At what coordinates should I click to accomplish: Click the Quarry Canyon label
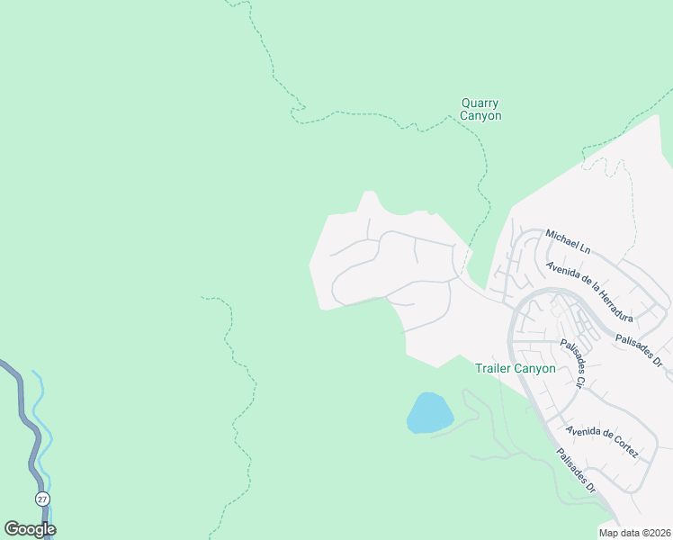(x=480, y=110)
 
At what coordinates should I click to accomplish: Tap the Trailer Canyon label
(x=515, y=368)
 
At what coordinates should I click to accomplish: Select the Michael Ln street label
(x=568, y=241)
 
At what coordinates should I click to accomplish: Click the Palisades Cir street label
(x=573, y=363)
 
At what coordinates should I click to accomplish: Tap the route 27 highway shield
(x=42, y=499)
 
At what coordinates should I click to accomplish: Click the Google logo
(x=30, y=529)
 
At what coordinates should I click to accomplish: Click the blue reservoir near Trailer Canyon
(x=429, y=413)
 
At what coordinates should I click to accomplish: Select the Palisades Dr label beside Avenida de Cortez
(x=575, y=471)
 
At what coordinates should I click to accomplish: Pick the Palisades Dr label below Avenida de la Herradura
(x=639, y=349)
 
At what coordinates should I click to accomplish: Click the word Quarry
(x=480, y=103)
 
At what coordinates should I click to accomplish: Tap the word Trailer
(x=492, y=368)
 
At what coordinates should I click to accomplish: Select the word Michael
(x=561, y=238)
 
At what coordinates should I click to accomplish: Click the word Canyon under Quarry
(x=480, y=116)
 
